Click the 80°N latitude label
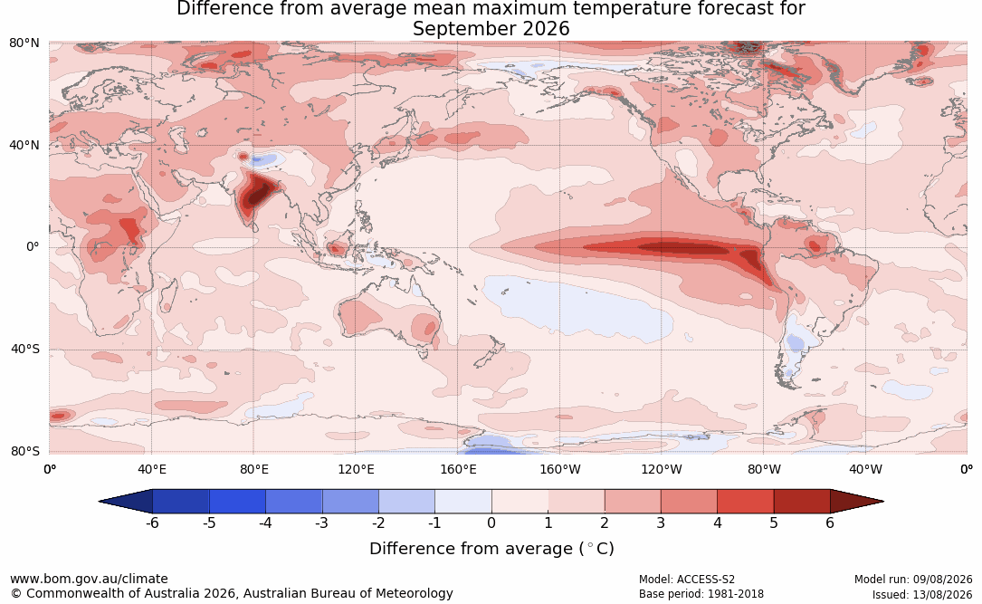[x=24, y=43]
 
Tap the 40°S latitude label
[x=25, y=349]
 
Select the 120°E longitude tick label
[x=356, y=469]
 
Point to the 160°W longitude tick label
[x=560, y=469]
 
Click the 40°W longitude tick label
[x=865, y=469]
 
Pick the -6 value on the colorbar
[x=152, y=523]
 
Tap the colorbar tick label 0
[x=491, y=523]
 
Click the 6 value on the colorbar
[x=830, y=523]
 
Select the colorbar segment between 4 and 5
[x=745, y=502]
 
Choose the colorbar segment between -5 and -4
[x=237, y=502]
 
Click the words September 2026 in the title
[x=491, y=29]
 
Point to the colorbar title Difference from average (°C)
[x=491, y=549]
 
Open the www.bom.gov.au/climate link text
[x=89, y=579]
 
